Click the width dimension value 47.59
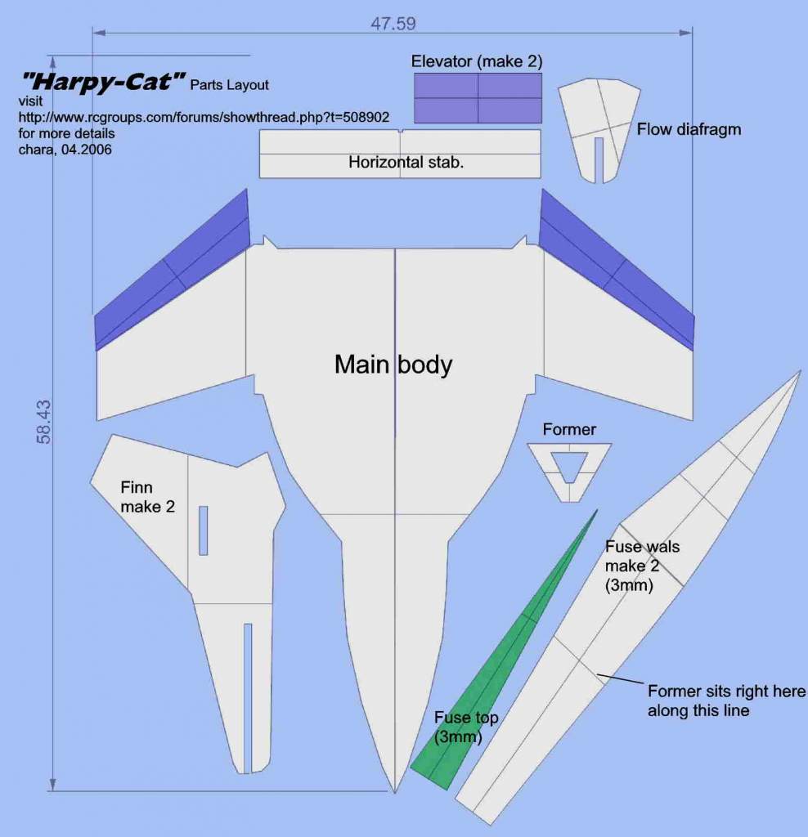pyautogui.click(x=393, y=24)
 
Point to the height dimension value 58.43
pyautogui.click(x=44, y=422)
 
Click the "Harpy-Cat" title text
pyautogui.click(x=102, y=82)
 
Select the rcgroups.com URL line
pyautogui.click(x=204, y=117)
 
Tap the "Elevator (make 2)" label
pyautogui.click(x=476, y=61)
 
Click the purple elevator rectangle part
pyautogui.click(x=478, y=98)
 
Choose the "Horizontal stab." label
pyautogui.click(x=406, y=162)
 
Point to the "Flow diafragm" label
pyautogui.click(x=689, y=129)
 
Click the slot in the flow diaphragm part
pyautogui.click(x=599, y=159)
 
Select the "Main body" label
pyautogui.click(x=393, y=364)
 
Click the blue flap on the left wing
pyautogui.click(x=172, y=270)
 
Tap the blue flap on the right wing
pyautogui.click(x=617, y=270)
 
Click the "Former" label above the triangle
pyautogui.click(x=568, y=429)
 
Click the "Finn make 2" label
pyautogui.click(x=147, y=497)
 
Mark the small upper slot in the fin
pyautogui.click(x=203, y=530)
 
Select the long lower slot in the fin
pyautogui.click(x=247, y=698)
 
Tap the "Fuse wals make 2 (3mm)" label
pyautogui.click(x=642, y=566)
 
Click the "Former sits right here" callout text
pyautogui.click(x=726, y=691)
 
